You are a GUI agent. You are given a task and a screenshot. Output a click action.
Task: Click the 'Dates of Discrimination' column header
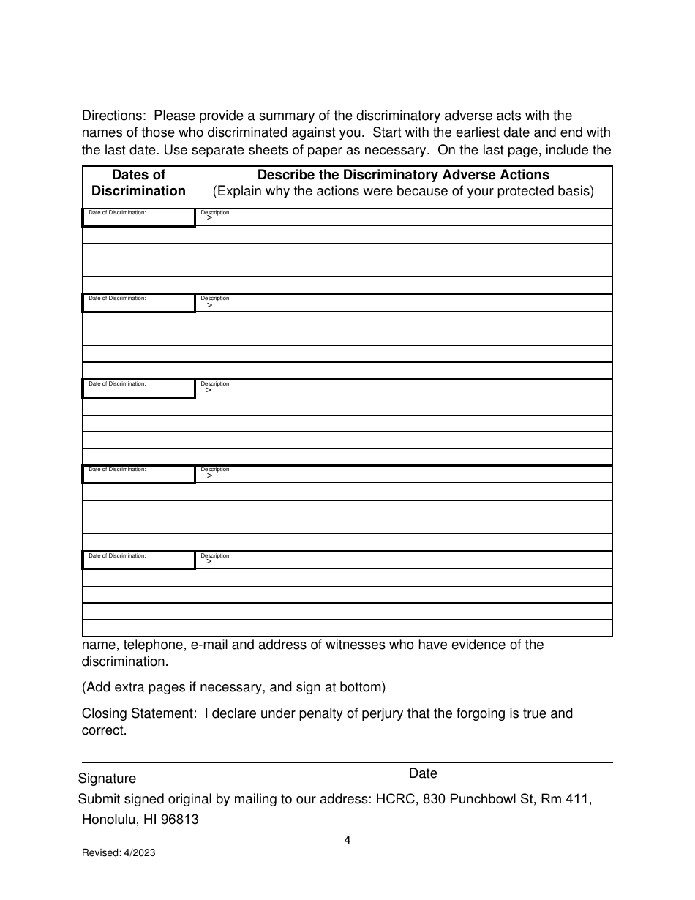click(x=138, y=183)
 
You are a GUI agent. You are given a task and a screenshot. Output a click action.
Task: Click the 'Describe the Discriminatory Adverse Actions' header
click(x=403, y=175)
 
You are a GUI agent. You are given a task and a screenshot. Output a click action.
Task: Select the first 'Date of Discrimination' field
click(x=138, y=217)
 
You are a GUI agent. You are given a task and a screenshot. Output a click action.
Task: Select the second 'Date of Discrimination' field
click(x=138, y=303)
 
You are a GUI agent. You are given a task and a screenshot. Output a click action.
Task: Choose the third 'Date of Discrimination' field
click(x=138, y=389)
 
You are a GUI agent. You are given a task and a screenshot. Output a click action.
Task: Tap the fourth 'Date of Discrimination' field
click(x=138, y=474)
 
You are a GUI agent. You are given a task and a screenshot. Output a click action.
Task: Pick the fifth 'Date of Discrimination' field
click(x=138, y=560)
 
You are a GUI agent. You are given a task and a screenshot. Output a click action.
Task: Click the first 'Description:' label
click(x=216, y=212)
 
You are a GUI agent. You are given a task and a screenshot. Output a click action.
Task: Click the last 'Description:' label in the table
click(x=216, y=555)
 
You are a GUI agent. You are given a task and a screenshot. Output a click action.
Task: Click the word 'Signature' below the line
click(x=107, y=779)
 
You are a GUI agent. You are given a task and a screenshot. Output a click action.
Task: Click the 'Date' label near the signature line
click(x=423, y=773)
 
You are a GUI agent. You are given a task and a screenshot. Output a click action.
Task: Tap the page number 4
click(x=347, y=840)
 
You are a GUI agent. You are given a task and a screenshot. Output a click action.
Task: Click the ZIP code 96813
click(x=179, y=820)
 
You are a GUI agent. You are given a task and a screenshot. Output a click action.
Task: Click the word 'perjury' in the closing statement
click(x=382, y=713)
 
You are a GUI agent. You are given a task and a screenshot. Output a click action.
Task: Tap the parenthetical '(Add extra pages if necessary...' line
click(x=233, y=687)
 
